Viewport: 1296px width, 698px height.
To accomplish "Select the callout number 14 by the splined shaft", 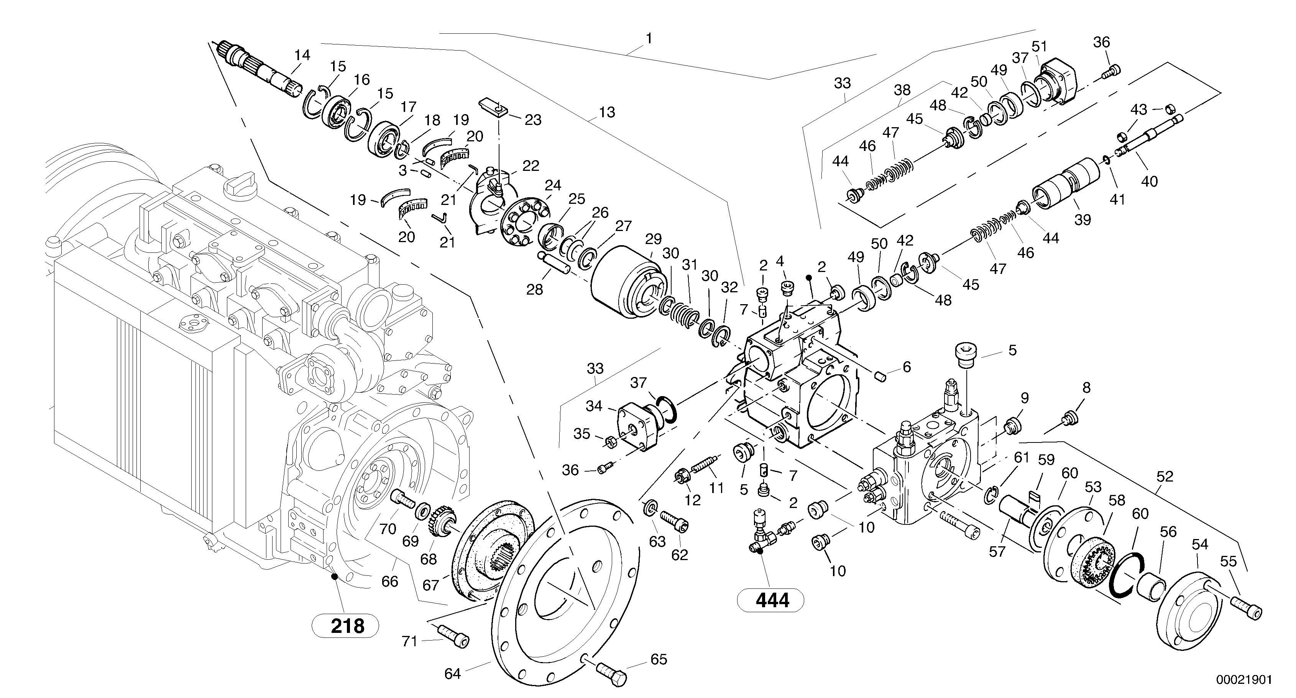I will click(302, 55).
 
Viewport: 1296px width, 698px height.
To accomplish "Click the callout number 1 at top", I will click(649, 38).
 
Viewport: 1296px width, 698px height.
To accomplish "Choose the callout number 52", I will click(1165, 476).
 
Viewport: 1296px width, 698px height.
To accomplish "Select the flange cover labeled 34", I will click(636, 426).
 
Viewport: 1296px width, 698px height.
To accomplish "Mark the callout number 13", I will click(607, 112).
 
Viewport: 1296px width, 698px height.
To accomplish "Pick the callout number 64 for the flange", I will click(452, 674).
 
